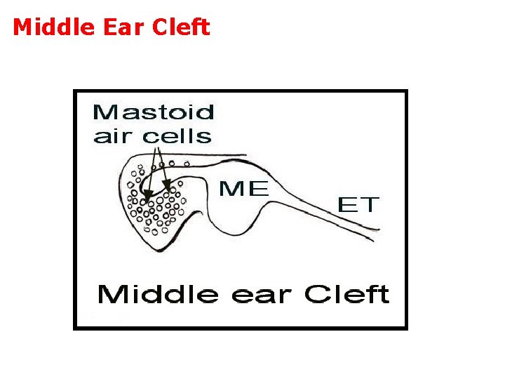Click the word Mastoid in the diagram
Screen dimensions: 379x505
153,112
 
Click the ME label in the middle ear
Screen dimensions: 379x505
243,188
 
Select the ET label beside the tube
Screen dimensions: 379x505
358,205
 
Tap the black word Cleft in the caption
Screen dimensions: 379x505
346,294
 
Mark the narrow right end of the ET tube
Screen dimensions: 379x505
377,234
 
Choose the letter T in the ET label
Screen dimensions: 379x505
370,205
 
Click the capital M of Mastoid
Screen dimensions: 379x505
104,112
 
